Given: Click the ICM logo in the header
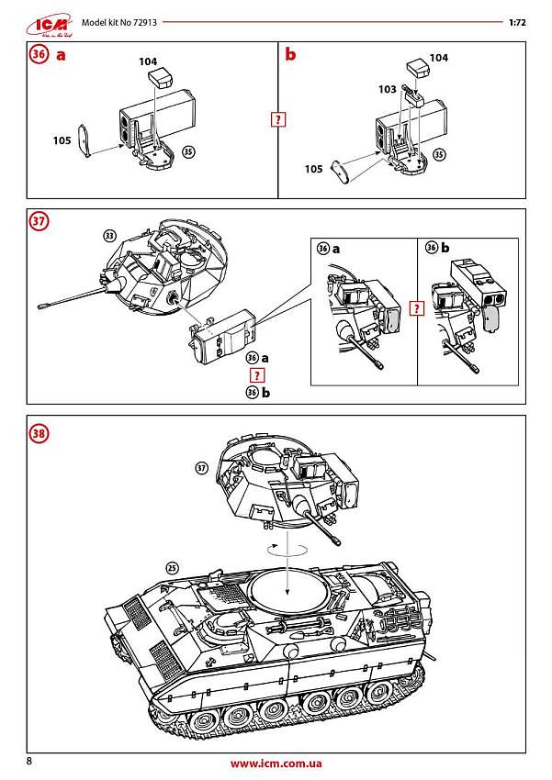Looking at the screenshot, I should click(43, 20).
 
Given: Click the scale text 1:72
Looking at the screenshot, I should click(516, 20).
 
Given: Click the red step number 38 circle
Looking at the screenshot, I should click(39, 433).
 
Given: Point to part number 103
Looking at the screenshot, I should click(387, 90).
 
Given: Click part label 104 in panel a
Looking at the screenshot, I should click(148, 61).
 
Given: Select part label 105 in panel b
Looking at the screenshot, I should click(313, 169).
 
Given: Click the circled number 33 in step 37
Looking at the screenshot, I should click(111, 235).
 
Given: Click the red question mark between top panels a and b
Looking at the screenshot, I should click(277, 119).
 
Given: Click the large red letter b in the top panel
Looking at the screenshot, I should click(290, 55).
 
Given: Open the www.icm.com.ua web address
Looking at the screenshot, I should click(276, 763).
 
